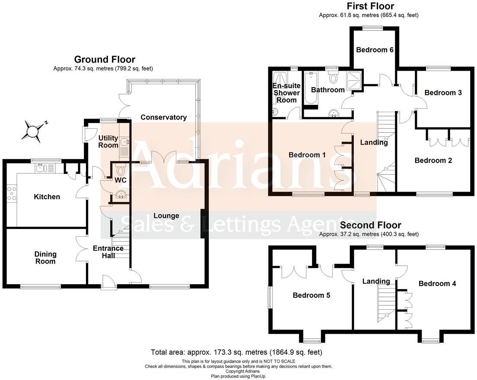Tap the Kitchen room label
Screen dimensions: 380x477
point(47,197)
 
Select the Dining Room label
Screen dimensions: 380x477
point(45,258)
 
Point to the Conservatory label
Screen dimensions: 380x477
point(163,117)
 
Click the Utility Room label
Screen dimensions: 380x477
point(108,141)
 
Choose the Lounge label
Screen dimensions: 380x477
point(166,216)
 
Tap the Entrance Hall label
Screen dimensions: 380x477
point(108,252)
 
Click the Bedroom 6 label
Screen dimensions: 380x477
point(375,50)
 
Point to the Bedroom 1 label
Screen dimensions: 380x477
point(307,155)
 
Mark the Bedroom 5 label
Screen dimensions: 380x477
point(312,295)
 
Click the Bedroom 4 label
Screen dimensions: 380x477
point(437,283)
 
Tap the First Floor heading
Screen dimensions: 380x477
point(371,6)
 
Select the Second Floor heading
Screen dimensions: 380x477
point(371,225)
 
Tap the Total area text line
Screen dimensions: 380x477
point(236,352)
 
